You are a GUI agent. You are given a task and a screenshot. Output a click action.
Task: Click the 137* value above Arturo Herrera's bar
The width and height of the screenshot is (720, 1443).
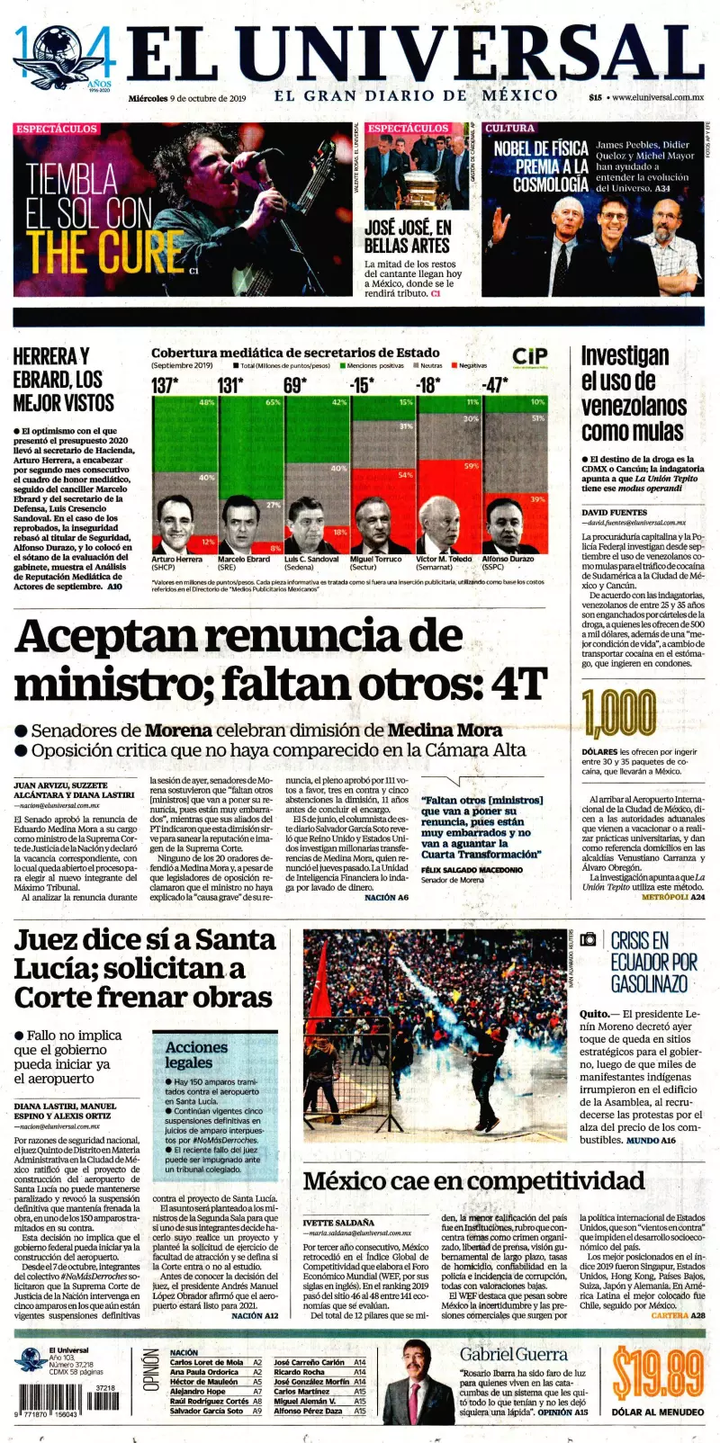pyautogui.click(x=165, y=385)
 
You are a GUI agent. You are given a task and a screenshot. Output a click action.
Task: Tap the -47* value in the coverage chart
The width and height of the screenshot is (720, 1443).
pyautogui.click(x=495, y=385)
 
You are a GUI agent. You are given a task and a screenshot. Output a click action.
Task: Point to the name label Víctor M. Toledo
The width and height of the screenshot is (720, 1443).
pyautogui.click(x=444, y=559)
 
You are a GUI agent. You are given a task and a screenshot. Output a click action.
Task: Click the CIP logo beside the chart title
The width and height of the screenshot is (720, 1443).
pyautogui.click(x=530, y=356)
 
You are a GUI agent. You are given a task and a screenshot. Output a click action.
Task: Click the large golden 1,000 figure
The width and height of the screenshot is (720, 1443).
pyautogui.click(x=618, y=714)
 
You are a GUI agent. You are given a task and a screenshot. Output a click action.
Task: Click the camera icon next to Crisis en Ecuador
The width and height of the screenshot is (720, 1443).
pyautogui.click(x=588, y=939)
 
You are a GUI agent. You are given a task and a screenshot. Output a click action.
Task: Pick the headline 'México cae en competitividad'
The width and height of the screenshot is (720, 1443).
pyautogui.click(x=473, y=1181)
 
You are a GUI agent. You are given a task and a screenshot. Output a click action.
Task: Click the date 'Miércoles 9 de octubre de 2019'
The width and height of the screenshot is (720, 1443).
pyautogui.click(x=186, y=98)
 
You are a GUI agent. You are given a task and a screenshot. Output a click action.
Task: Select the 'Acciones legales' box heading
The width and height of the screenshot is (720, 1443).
pyautogui.click(x=196, y=1054)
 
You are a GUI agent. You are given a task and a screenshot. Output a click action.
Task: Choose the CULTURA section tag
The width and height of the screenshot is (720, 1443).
pyautogui.click(x=509, y=129)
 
